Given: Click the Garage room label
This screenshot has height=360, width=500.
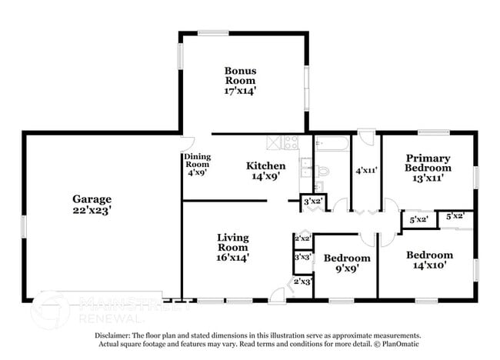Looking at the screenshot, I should (x=92, y=203).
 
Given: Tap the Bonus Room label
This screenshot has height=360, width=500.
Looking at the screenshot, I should (x=240, y=80).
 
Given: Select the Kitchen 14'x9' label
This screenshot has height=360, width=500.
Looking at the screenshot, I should (x=266, y=171).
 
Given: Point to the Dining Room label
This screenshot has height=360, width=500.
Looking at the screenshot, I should (x=196, y=165).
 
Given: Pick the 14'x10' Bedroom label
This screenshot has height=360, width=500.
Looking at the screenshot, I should (x=429, y=260).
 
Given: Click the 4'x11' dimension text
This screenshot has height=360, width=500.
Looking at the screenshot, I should (x=365, y=171).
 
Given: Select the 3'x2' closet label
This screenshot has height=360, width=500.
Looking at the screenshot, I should (x=313, y=202).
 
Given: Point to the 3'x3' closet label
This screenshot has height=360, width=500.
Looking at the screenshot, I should (x=302, y=257).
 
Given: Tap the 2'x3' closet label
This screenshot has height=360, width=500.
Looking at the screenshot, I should (x=302, y=282).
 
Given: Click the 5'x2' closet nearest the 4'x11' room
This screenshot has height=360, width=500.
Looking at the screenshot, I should (x=418, y=220).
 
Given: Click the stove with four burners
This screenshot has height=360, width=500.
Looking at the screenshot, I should (x=291, y=142).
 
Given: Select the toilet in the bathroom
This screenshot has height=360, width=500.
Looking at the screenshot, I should (x=323, y=170).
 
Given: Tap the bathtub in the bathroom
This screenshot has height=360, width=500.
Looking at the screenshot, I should (x=332, y=143).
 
